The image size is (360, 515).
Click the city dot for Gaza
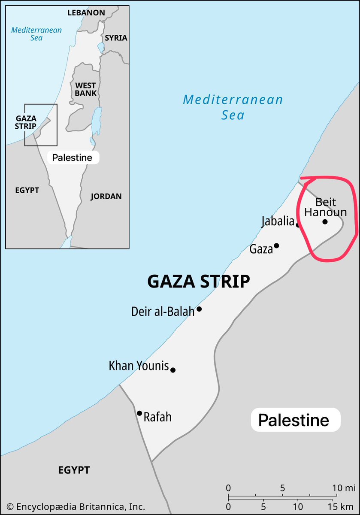[276, 245]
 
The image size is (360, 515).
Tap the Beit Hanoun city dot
[325, 221]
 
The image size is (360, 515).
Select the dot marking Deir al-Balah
[199, 309]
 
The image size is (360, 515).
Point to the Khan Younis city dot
[173, 370]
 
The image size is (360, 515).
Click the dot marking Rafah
[139, 413]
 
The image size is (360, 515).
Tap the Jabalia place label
[278, 222]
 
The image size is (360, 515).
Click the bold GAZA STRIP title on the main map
[199, 282]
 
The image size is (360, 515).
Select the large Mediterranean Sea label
[233, 107]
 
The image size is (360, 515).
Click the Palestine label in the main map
[293, 420]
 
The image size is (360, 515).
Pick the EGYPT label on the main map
[74, 470]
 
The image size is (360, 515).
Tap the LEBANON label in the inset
[86, 12]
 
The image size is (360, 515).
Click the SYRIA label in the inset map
[116, 38]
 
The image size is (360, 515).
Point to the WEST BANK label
[86, 89]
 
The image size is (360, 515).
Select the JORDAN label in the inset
[106, 196]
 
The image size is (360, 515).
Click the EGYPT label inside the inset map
[27, 190]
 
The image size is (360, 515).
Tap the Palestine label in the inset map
[72, 158]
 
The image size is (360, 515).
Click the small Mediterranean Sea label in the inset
[36, 34]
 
